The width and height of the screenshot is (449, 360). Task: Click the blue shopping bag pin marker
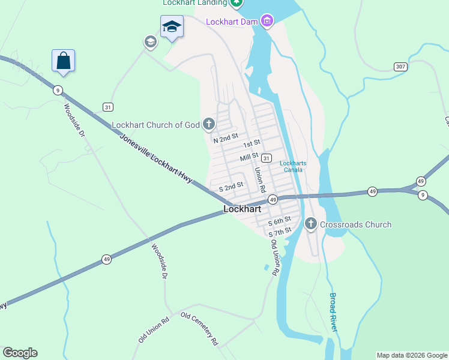63,61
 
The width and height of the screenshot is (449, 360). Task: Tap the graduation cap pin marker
171,27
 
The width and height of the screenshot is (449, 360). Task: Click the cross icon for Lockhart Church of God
208,125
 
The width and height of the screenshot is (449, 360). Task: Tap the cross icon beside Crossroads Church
311,224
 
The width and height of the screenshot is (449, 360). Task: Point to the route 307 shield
400,67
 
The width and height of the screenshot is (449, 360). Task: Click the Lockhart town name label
242,209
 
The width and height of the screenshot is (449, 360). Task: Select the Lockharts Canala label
293,166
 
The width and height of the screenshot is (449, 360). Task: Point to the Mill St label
249,157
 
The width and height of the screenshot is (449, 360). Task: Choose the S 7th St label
280,232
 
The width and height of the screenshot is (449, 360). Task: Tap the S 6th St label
279,221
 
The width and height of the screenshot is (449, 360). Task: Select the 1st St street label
251,144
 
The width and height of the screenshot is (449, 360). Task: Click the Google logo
20,353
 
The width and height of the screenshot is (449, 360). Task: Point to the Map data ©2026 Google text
412,355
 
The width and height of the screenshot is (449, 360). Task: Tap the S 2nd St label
231,187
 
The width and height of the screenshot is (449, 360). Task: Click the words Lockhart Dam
232,22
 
